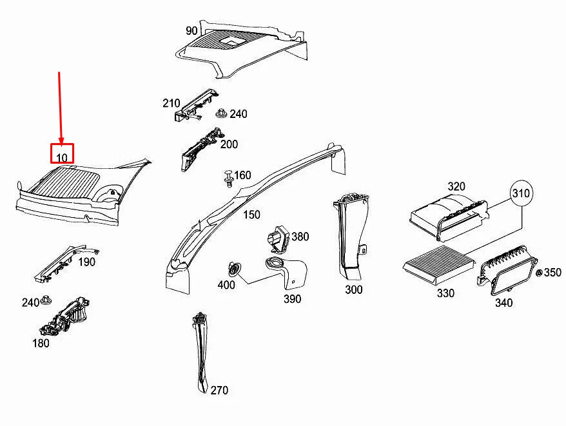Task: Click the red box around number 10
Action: [x=63, y=153]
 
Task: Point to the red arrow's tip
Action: [x=61, y=142]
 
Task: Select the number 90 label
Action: [x=191, y=31]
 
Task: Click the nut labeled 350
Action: [x=539, y=273]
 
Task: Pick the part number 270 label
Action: [x=219, y=391]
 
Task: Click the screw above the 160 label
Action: [x=227, y=177]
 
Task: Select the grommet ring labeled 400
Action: [x=235, y=269]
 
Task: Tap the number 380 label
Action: [x=300, y=237]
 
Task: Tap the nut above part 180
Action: [x=46, y=300]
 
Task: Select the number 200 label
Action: [x=229, y=144]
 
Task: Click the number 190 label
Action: [x=86, y=262]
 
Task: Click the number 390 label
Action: [x=291, y=299]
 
